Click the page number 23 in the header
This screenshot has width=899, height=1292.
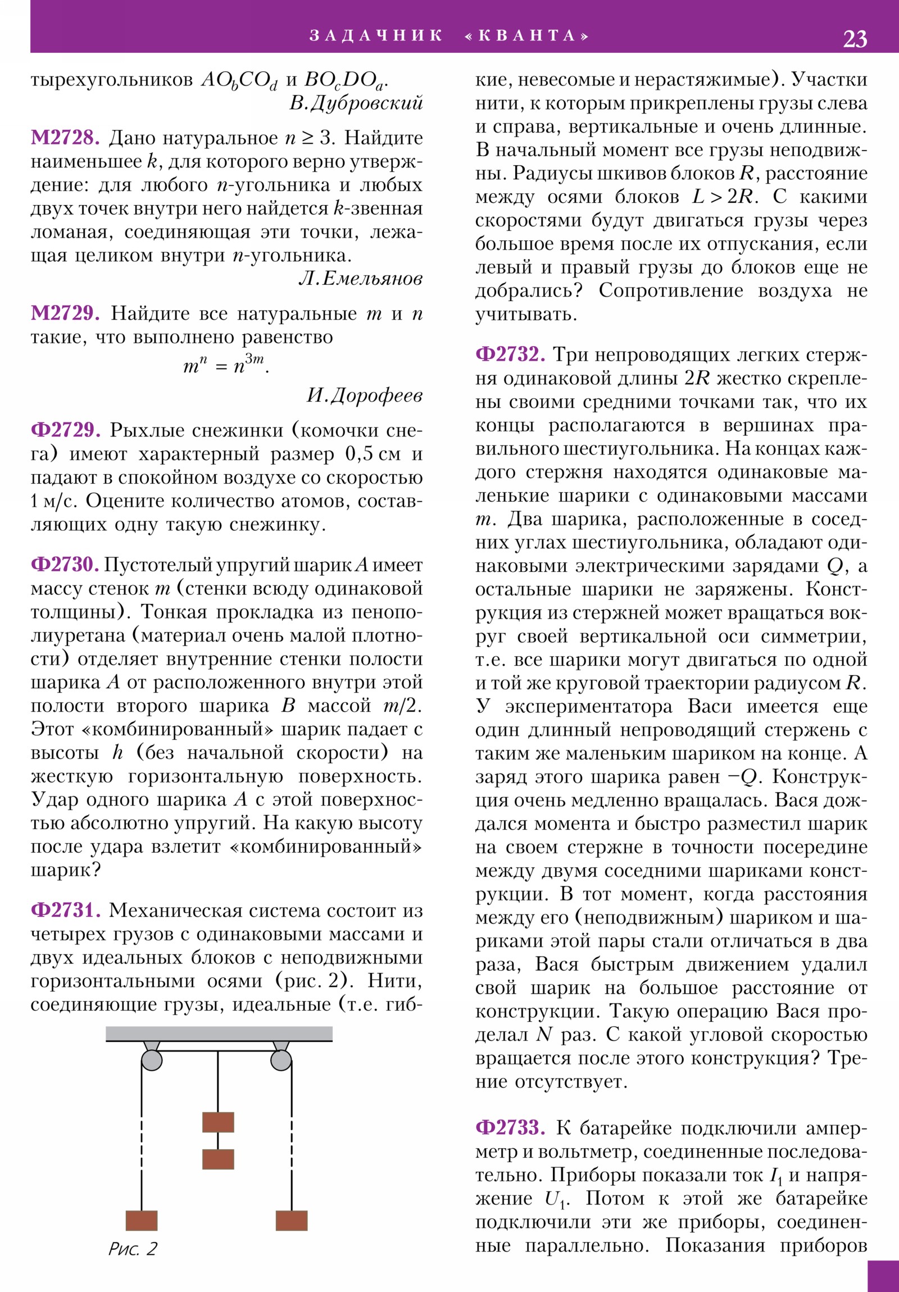[855, 39]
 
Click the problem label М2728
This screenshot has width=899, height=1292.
[65, 137]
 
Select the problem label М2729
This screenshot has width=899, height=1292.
[65, 313]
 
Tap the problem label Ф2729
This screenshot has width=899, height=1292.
[65, 430]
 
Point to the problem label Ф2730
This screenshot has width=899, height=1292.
[65, 565]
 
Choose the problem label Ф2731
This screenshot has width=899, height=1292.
[65, 910]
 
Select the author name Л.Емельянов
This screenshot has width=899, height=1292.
[360, 279]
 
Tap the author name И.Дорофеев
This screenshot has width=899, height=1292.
[364, 395]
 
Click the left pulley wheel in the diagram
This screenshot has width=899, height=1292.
[152, 1060]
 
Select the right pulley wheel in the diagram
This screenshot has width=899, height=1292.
[281, 1060]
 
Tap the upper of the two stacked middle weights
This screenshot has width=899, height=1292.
[218, 1122]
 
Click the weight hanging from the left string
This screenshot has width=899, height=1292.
[141, 1221]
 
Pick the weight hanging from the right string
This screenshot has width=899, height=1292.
[292, 1221]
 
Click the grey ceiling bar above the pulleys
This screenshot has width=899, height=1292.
[219, 1034]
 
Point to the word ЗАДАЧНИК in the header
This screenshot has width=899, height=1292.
[376, 36]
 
